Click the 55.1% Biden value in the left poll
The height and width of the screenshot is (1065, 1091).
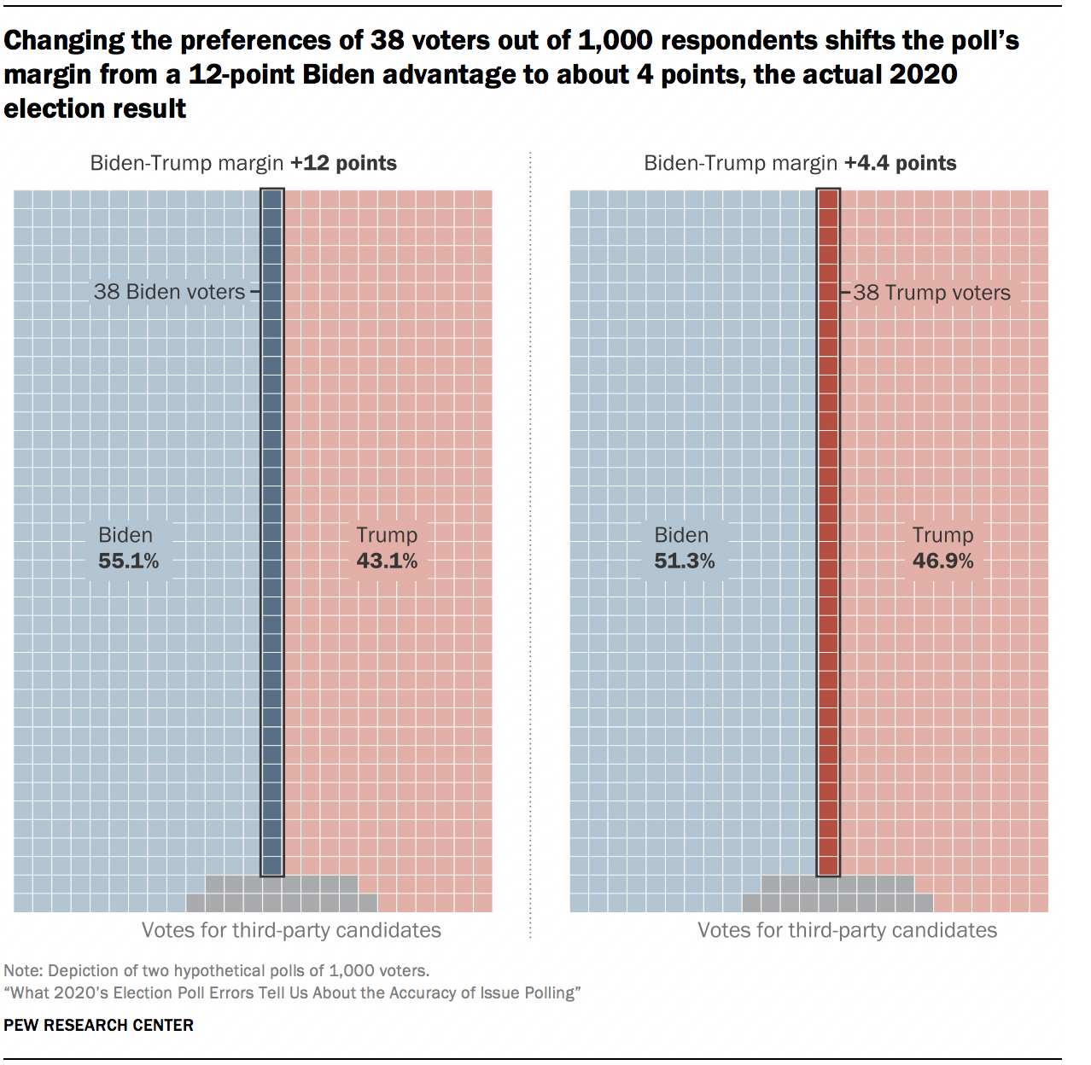129,562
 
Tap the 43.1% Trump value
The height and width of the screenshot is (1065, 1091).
387,562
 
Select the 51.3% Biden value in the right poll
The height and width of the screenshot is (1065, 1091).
685,562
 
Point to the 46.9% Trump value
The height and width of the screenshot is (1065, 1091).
943,562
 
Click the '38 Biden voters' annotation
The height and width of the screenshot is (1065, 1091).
169,292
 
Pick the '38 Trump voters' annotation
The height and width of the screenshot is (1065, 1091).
931,293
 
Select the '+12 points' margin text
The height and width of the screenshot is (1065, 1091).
343,163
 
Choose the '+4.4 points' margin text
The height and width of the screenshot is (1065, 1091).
901,163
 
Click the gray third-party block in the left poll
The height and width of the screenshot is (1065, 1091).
282,894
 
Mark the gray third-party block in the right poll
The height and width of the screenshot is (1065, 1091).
837,894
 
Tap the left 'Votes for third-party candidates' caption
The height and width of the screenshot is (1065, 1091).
291,930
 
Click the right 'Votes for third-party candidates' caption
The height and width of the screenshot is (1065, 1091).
847,930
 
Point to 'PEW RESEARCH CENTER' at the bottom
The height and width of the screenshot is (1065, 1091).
99,1025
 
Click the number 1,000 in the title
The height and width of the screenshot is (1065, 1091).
616,40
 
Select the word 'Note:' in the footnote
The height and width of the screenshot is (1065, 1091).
23,970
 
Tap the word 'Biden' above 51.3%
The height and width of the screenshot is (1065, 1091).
681,535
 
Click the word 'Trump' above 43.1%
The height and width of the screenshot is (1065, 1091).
387,535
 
